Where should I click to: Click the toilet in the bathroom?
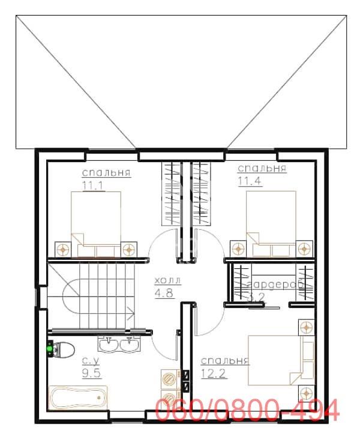pos(63,348)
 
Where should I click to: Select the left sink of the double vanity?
pos(110,344)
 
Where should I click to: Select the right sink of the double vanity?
pos(128,344)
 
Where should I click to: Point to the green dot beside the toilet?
pos(49,346)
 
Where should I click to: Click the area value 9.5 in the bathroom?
pos(91,372)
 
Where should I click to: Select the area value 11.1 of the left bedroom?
pos(94,185)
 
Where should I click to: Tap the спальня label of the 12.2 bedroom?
pos(224,361)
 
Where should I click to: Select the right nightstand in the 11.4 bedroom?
pos(305,247)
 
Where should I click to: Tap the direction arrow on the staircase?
pos(130,312)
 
